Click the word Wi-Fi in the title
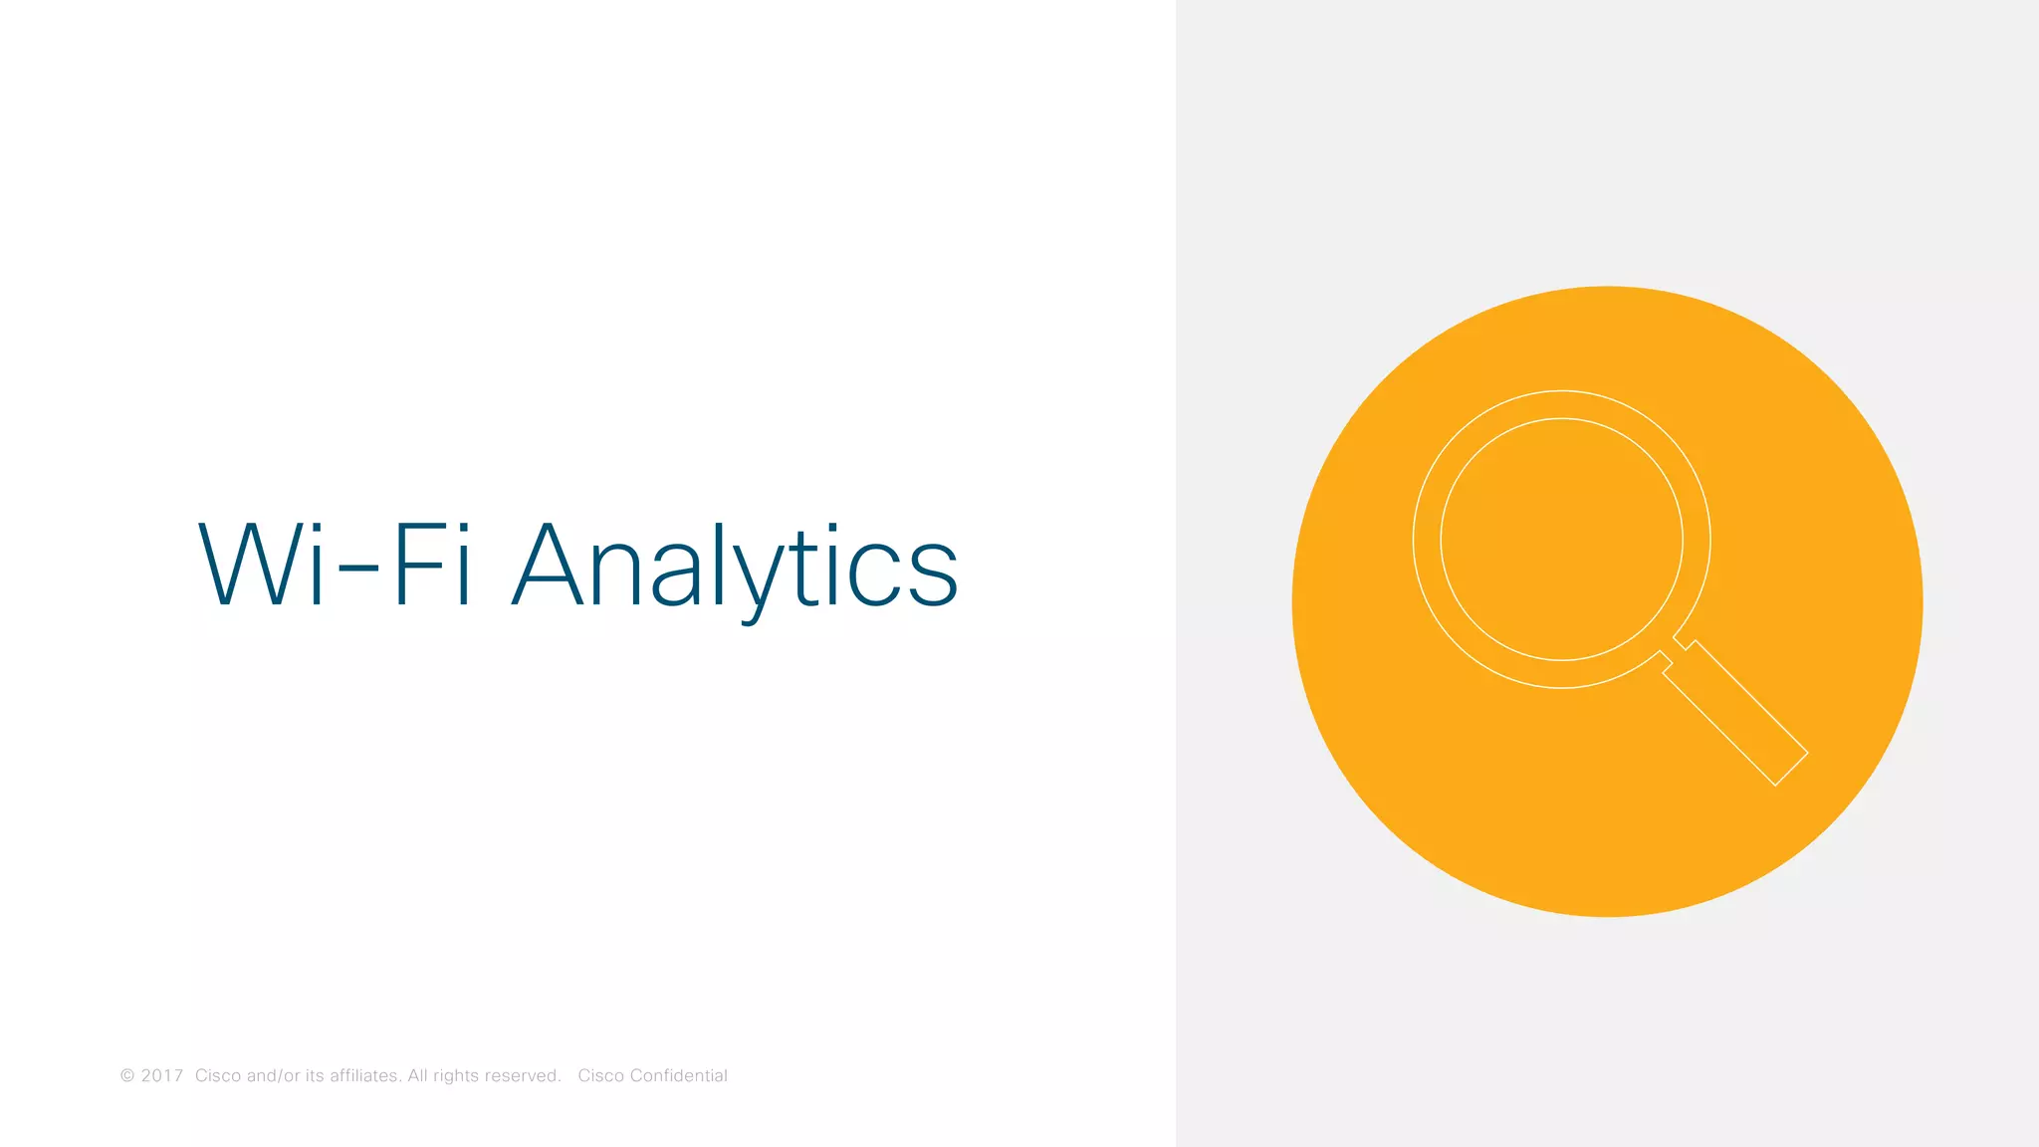(335, 565)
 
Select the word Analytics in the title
(735, 565)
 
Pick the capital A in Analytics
(547, 565)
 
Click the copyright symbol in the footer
(127, 1076)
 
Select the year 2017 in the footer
(161, 1076)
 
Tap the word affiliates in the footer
(364, 1076)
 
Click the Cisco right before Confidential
(600, 1076)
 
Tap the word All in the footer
(417, 1076)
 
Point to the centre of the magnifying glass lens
(1561, 540)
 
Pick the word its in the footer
(315, 1076)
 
